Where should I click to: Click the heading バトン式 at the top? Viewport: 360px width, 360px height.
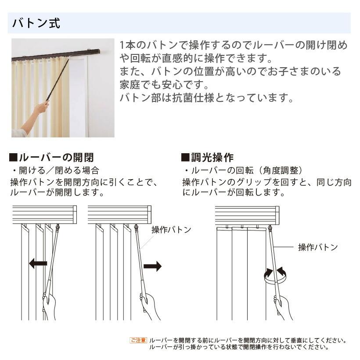[x=36, y=23]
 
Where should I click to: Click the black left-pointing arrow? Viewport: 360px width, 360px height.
[x=38, y=263]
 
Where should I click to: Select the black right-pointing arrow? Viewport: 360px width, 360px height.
[x=152, y=266]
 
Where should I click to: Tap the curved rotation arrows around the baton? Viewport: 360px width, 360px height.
[x=275, y=275]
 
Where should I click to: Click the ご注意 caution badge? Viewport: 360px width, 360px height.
[x=138, y=340]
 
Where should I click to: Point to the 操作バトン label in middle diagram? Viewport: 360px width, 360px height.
[x=171, y=230]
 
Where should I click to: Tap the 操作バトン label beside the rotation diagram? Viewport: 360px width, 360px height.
[x=318, y=247]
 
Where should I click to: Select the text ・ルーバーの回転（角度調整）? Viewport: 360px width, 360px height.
[x=243, y=170]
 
